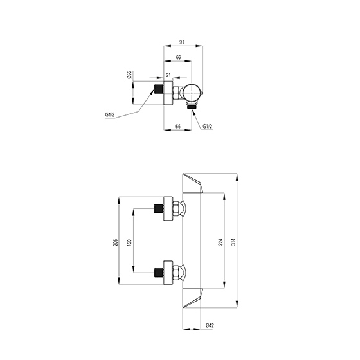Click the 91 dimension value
pos(181,42)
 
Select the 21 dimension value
pos(168,75)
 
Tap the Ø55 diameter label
pos(129,75)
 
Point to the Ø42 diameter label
pos(210,325)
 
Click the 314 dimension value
pos(233,242)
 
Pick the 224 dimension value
pos(221,242)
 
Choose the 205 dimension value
pos(116,243)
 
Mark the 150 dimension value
pos(129,242)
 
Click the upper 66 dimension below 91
pos(179,57)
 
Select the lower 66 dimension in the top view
pos(178,126)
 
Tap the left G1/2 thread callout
pos(110,115)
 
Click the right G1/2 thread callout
pos(208,127)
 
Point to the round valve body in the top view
pos(192,93)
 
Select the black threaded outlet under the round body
pos(192,106)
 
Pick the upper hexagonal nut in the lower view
pos(176,209)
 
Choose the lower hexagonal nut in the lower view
pos(176,273)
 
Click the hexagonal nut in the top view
pos(176,93)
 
